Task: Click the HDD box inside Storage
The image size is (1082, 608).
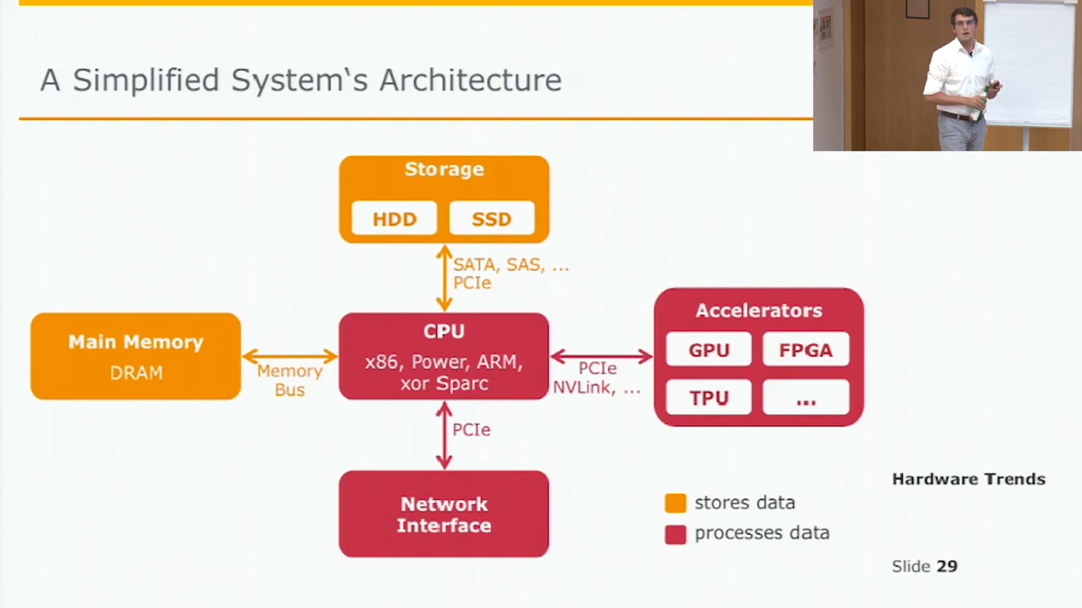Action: [x=394, y=218]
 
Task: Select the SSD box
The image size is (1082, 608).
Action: [x=491, y=218]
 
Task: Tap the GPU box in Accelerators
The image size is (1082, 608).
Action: [x=708, y=350]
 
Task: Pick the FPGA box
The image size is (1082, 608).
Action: [x=805, y=350]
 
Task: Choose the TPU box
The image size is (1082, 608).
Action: [x=708, y=397]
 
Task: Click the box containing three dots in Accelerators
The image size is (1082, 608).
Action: [x=805, y=397]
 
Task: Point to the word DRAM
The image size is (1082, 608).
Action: [x=136, y=373]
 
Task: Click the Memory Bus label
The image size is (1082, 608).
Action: [x=289, y=380]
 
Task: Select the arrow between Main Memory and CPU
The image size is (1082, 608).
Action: [x=290, y=356]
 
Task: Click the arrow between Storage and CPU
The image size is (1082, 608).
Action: [x=444, y=278]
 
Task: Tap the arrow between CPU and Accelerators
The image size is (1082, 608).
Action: [x=601, y=356]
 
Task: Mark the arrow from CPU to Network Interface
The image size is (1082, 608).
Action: [x=444, y=435]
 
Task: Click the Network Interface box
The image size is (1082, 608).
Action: [x=444, y=514]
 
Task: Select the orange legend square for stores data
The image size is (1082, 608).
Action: [x=675, y=503]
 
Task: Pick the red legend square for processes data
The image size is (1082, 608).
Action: [x=675, y=534]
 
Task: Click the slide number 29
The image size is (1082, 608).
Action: [x=947, y=566]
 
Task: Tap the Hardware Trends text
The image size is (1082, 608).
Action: [x=968, y=479]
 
